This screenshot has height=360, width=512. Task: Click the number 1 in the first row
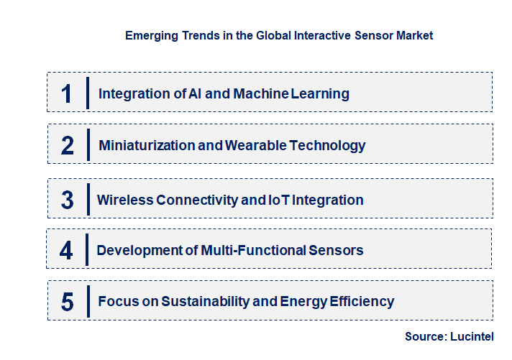pyautogui.click(x=67, y=93)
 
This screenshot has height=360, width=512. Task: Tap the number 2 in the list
pyautogui.click(x=68, y=145)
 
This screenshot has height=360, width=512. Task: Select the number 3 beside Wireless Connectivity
pyautogui.click(x=68, y=200)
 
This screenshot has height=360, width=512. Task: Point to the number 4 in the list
pyautogui.click(x=67, y=250)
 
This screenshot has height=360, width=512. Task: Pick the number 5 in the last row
pyautogui.click(x=68, y=301)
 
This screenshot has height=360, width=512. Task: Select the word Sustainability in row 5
pyautogui.click(x=208, y=301)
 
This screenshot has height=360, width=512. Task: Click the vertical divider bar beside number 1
pyautogui.click(x=87, y=93)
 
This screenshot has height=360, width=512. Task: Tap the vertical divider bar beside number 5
pyautogui.click(x=87, y=300)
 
